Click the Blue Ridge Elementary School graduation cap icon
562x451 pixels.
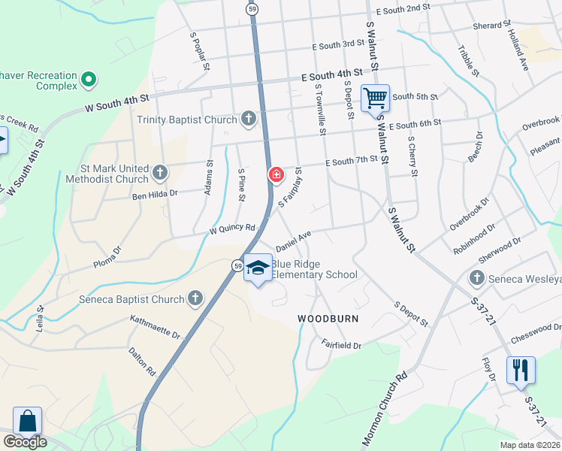(x=258, y=268)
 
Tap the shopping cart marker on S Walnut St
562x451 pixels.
(x=374, y=97)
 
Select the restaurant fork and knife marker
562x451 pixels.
(x=520, y=370)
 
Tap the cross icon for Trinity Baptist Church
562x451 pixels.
(x=249, y=120)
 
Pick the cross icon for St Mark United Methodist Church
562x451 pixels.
(x=159, y=174)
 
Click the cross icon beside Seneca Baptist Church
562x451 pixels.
(x=195, y=299)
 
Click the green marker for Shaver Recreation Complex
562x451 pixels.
(x=89, y=77)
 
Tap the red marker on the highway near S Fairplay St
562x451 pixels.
(x=276, y=175)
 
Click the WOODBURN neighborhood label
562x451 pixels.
(x=328, y=319)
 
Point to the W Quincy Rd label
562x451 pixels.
(x=232, y=228)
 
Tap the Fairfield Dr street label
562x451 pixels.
(x=342, y=346)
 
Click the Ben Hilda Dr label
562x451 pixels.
(x=155, y=193)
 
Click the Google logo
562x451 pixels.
(x=25, y=443)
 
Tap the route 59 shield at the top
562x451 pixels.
(x=253, y=8)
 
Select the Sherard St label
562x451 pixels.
(x=492, y=26)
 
